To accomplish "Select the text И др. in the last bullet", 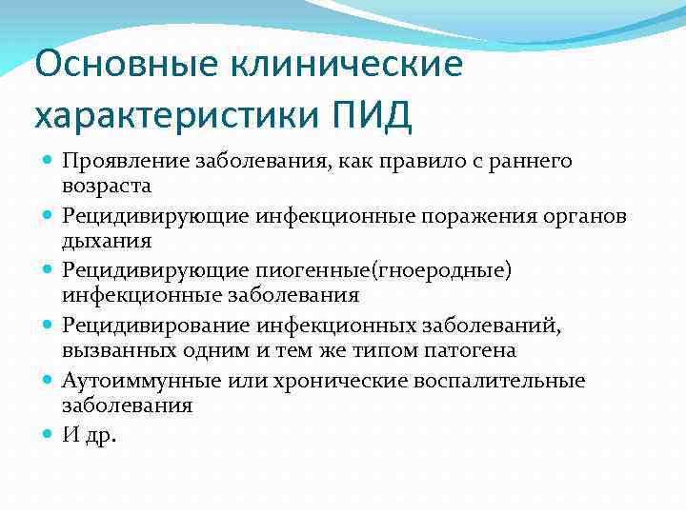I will click(x=88, y=435).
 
